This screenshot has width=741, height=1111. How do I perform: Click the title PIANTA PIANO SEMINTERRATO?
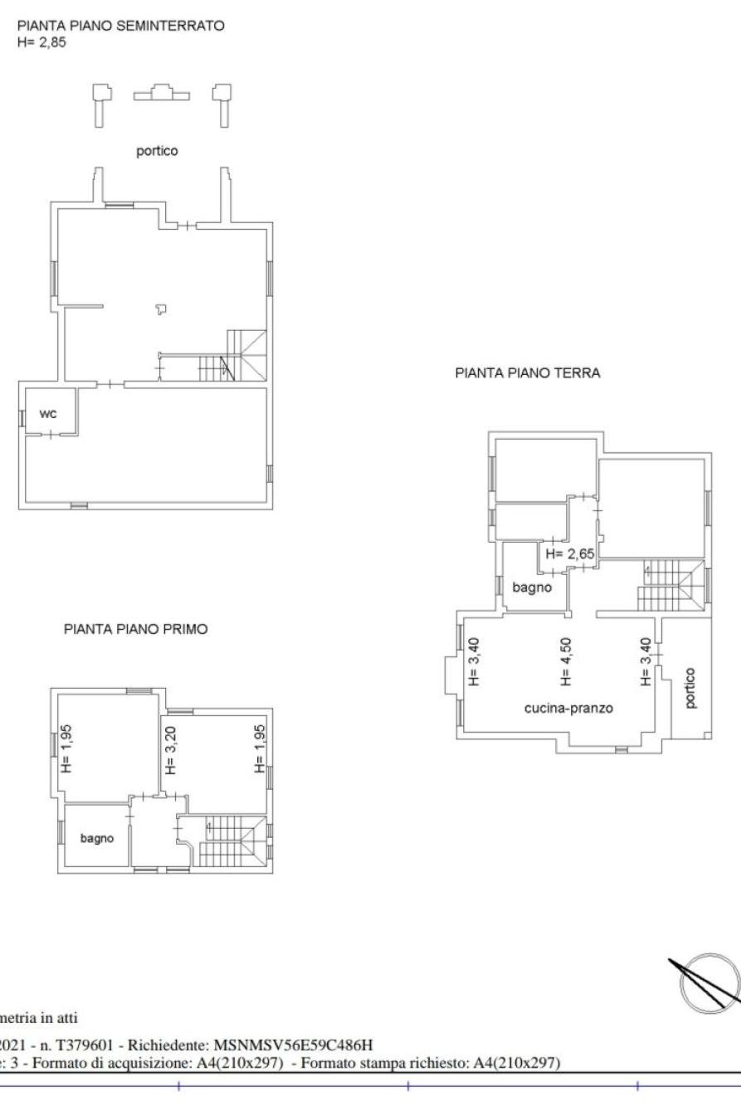click(x=121, y=26)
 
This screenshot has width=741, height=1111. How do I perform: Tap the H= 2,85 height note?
click(x=41, y=42)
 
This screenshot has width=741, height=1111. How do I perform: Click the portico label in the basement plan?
click(x=157, y=151)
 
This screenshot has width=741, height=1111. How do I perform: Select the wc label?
click(x=48, y=413)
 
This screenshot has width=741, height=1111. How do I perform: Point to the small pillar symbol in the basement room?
click(x=161, y=309)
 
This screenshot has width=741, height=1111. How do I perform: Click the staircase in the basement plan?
click(x=232, y=356)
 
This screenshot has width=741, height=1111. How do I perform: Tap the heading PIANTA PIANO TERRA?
click(x=528, y=373)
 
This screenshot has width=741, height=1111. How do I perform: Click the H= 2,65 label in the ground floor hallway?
click(x=570, y=553)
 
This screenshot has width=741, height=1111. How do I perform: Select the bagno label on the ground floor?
click(x=532, y=587)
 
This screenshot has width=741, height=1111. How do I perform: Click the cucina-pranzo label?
click(x=569, y=709)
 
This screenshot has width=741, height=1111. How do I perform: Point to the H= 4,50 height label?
click(x=566, y=661)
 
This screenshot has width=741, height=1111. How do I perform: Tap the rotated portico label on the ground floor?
click(x=690, y=688)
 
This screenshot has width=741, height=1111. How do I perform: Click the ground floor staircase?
click(x=670, y=585)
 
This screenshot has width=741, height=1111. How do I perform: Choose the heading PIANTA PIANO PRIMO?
click(x=136, y=630)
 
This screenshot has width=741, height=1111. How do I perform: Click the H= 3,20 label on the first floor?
click(x=171, y=750)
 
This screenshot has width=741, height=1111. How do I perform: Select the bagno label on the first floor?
click(x=97, y=839)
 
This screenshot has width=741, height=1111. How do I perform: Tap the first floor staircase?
click(x=232, y=841)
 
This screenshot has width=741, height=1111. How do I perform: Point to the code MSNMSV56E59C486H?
click(x=293, y=1045)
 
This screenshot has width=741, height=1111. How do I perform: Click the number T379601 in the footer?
click(x=85, y=1045)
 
